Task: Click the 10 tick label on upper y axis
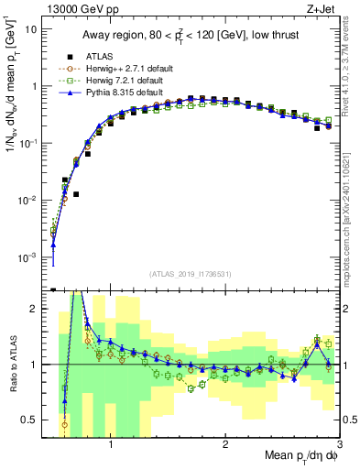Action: coord(30,28)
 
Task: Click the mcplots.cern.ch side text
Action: coord(352,215)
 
